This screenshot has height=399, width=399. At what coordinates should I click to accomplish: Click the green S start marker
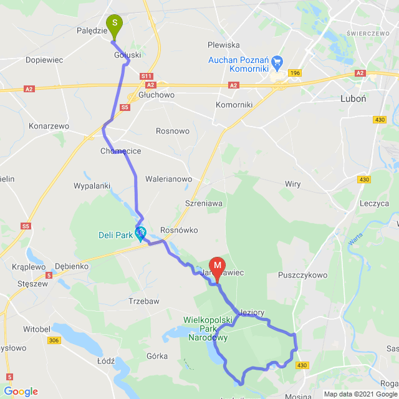tap(115, 25)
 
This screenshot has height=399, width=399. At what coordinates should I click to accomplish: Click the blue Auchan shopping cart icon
tap(277, 63)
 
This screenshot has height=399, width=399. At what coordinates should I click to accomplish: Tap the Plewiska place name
tap(223, 45)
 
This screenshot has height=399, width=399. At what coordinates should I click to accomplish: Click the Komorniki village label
tap(234, 105)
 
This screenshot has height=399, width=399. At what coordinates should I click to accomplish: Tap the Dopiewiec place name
tap(44, 60)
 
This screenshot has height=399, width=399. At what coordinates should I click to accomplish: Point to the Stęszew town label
tap(34, 283)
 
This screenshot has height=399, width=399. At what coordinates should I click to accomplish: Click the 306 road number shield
tap(54, 340)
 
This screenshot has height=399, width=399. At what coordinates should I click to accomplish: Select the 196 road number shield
tap(295, 73)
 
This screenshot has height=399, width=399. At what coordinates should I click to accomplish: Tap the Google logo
tap(21, 392)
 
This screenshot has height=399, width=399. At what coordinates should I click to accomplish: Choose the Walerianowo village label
tap(168, 179)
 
